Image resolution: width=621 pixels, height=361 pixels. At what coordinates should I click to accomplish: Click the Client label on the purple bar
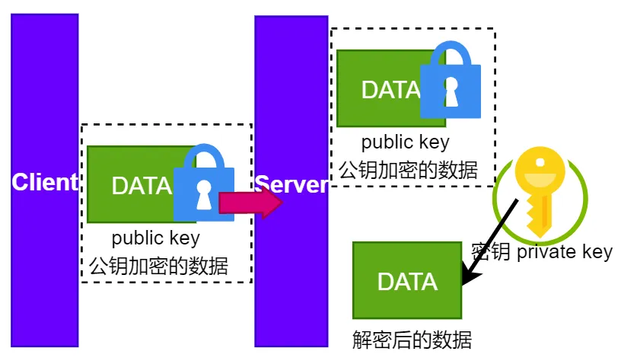click(45, 182)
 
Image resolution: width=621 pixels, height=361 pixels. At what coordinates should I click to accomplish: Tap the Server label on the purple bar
click(291, 184)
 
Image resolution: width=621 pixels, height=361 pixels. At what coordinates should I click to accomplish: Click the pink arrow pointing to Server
click(250, 203)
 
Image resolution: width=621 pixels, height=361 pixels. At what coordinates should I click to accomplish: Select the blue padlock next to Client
click(204, 183)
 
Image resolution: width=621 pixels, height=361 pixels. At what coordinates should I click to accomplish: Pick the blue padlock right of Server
click(451, 80)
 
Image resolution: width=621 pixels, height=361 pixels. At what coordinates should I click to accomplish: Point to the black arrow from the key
click(490, 242)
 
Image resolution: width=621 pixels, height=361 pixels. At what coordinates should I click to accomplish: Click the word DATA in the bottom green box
click(407, 282)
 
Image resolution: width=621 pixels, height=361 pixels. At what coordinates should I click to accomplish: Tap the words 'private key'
click(565, 252)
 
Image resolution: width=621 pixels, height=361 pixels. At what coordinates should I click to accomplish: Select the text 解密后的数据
click(412, 340)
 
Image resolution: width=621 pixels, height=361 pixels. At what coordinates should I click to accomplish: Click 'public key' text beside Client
click(156, 238)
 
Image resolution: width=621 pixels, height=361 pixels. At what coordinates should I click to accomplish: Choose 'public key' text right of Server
click(405, 142)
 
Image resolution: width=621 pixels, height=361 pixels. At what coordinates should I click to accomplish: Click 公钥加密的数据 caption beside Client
click(158, 266)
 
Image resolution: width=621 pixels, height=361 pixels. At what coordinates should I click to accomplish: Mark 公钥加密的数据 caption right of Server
click(408, 170)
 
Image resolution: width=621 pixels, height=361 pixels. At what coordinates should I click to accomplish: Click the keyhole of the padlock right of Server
click(451, 91)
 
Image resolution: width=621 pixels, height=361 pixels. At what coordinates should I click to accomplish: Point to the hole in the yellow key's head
click(540, 162)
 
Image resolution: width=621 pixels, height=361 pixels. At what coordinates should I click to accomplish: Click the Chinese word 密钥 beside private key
click(490, 252)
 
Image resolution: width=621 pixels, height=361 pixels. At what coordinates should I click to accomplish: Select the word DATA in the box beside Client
click(142, 186)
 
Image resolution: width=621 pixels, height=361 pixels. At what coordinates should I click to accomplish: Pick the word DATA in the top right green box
click(390, 90)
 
